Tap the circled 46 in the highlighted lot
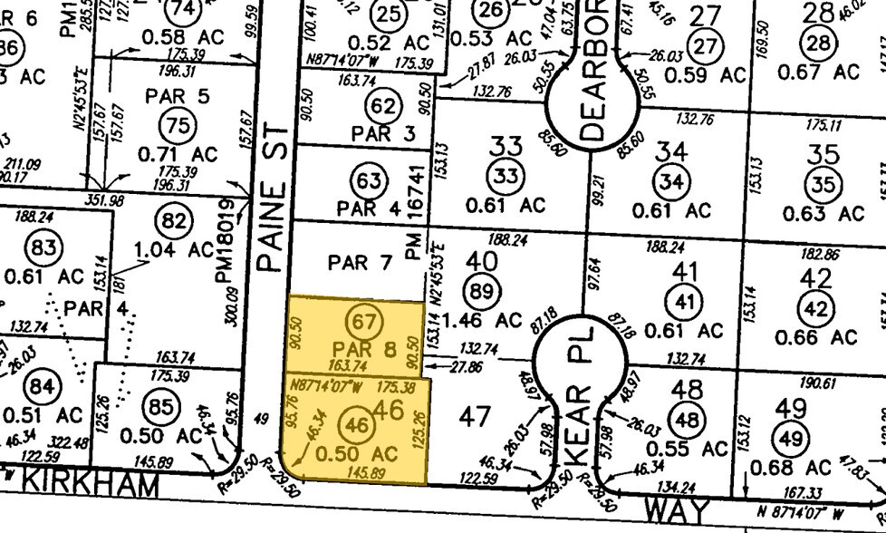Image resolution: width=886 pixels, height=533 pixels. pos(359,423)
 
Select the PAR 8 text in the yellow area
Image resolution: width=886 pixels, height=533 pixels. pos(365,349)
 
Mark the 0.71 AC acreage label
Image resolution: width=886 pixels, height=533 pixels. pos(178,154)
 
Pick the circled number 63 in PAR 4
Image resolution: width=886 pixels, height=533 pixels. pos(369,181)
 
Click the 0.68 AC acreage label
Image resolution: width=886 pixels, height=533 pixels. pos(793,468)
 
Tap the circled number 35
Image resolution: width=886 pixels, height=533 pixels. pos(823,185)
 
